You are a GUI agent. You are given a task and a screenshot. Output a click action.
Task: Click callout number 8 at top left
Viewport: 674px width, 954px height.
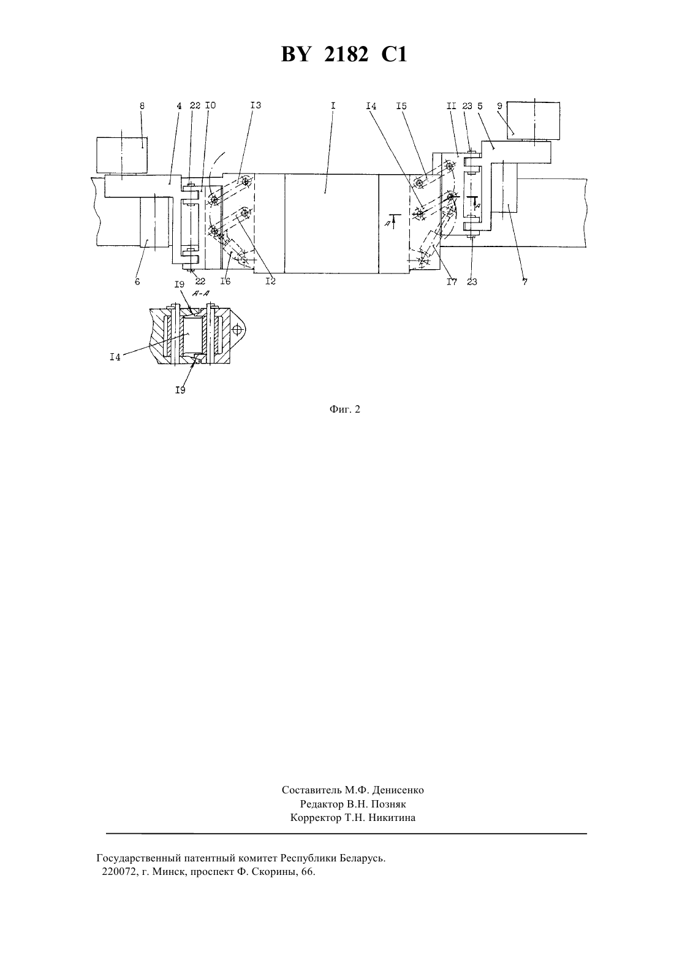tap(142, 106)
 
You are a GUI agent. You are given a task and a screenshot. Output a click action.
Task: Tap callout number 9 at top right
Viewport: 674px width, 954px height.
tap(499, 106)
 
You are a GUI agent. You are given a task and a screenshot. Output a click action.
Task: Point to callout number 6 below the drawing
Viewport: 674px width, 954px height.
tap(137, 281)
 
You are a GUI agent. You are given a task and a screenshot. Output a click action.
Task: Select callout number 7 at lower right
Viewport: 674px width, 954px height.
tap(525, 281)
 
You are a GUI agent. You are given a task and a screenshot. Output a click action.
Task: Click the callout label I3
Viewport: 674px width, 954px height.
tap(256, 105)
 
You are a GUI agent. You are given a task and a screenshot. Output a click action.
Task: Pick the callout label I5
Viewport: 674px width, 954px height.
tap(401, 105)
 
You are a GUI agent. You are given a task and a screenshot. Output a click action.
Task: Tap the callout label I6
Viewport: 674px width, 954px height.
tap(225, 281)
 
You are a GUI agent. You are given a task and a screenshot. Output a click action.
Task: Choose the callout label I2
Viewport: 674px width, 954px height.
tap(270, 281)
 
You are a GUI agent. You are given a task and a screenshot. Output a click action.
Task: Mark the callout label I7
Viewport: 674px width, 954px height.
tap(452, 281)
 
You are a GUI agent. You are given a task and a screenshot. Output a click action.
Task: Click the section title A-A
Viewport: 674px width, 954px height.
tap(201, 293)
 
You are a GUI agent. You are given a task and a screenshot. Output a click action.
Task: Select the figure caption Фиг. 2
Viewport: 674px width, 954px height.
tap(344, 410)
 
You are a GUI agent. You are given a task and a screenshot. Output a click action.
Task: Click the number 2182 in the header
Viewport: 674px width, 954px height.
tap(346, 55)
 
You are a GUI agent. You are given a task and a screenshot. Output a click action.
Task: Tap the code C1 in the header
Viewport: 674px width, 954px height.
tap(395, 55)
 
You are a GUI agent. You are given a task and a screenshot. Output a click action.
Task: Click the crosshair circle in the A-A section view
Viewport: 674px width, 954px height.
tap(238, 330)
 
